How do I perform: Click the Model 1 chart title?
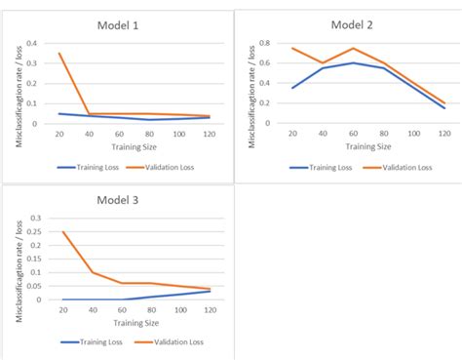pos(120,25)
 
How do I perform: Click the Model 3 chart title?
pos(120,201)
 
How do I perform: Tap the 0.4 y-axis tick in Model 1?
pos(32,44)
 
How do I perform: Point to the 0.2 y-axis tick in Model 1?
pos(32,84)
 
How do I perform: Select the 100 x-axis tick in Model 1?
pos(179,134)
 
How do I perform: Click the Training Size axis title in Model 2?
pos(369,146)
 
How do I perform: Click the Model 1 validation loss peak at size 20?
pos(60,54)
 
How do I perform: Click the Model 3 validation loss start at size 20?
pos(64,232)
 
